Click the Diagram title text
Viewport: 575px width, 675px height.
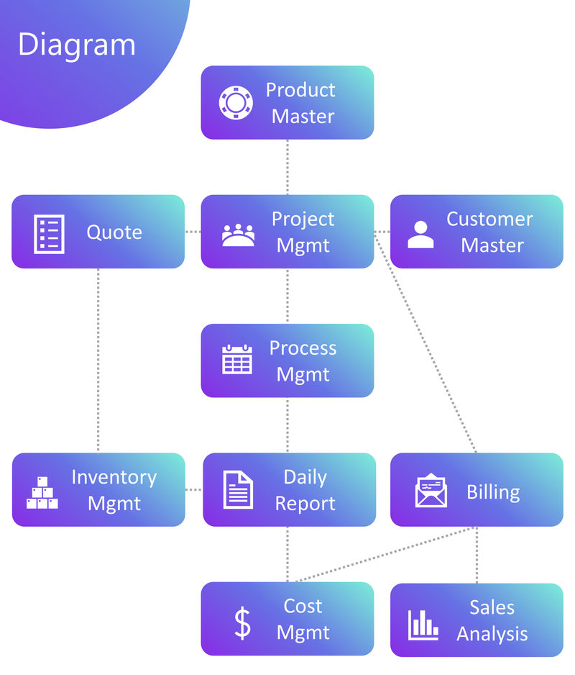pos(76,45)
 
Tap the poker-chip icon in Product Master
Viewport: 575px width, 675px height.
pos(236,102)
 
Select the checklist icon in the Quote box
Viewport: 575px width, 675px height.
pos(49,233)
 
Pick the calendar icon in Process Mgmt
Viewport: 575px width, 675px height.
pos(237,360)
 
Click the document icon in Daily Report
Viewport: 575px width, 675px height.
pos(238,489)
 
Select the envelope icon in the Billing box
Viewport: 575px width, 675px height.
pos(431,491)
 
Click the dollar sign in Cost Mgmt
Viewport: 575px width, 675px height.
pos(243,622)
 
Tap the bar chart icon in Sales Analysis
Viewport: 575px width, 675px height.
pos(423,624)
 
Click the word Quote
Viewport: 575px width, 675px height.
pos(114,232)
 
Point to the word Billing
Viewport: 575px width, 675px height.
pos(493,492)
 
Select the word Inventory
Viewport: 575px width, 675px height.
pos(114,477)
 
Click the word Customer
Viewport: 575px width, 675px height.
pos(489,219)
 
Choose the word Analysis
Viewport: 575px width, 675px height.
pos(492,634)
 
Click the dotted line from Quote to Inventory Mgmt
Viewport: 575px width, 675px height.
pos(98,360)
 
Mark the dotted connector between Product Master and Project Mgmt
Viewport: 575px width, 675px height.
pos(287,167)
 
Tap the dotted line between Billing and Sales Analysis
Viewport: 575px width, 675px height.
pos(477,554)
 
